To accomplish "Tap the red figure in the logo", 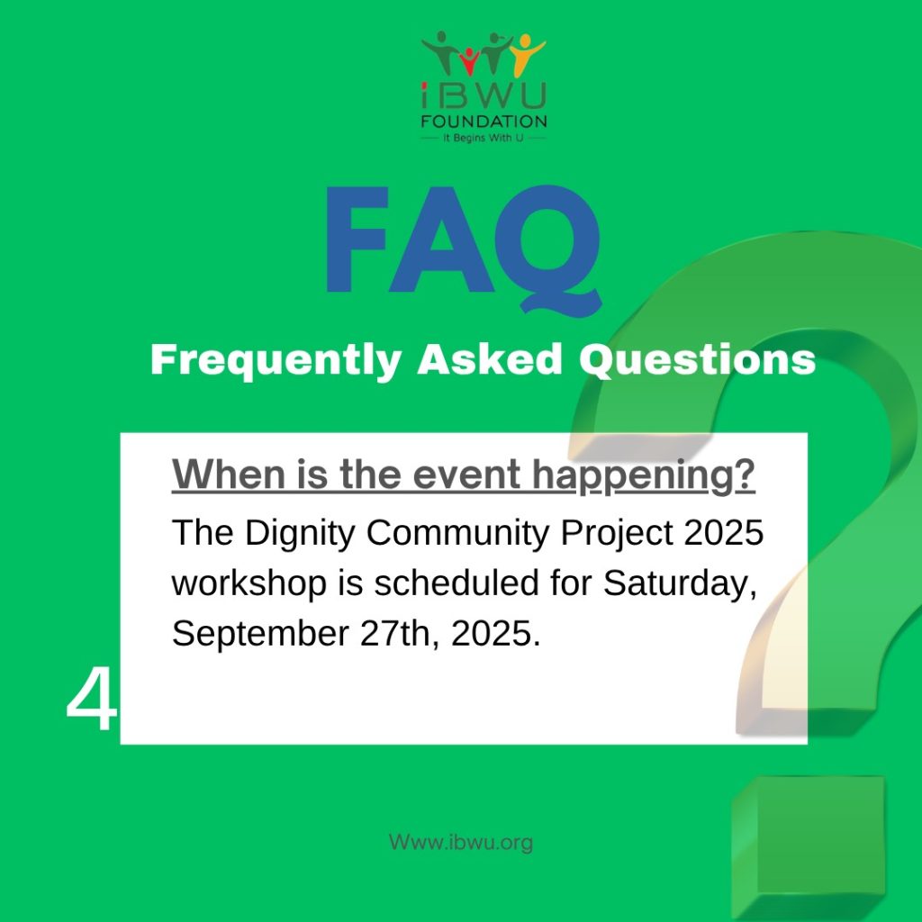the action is pyautogui.click(x=469, y=62).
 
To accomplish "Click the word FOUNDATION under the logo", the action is pyautogui.click(x=484, y=122).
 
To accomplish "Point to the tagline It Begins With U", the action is pyautogui.click(x=483, y=138).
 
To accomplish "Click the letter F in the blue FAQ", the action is pyautogui.click(x=357, y=239).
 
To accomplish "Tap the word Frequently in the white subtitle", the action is pyautogui.click(x=276, y=360).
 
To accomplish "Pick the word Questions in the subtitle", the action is pyautogui.click(x=698, y=359).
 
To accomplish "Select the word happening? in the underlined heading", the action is pyautogui.click(x=644, y=476).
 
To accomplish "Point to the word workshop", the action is pyautogui.click(x=249, y=583).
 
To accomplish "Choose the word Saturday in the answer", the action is pyautogui.click(x=676, y=583).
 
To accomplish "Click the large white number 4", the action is pyautogui.click(x=92, y=701).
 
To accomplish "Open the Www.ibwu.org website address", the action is pyautogui.click(x=461, y=842).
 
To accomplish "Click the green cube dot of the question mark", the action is pyautogui.click(x=808, y=846).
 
